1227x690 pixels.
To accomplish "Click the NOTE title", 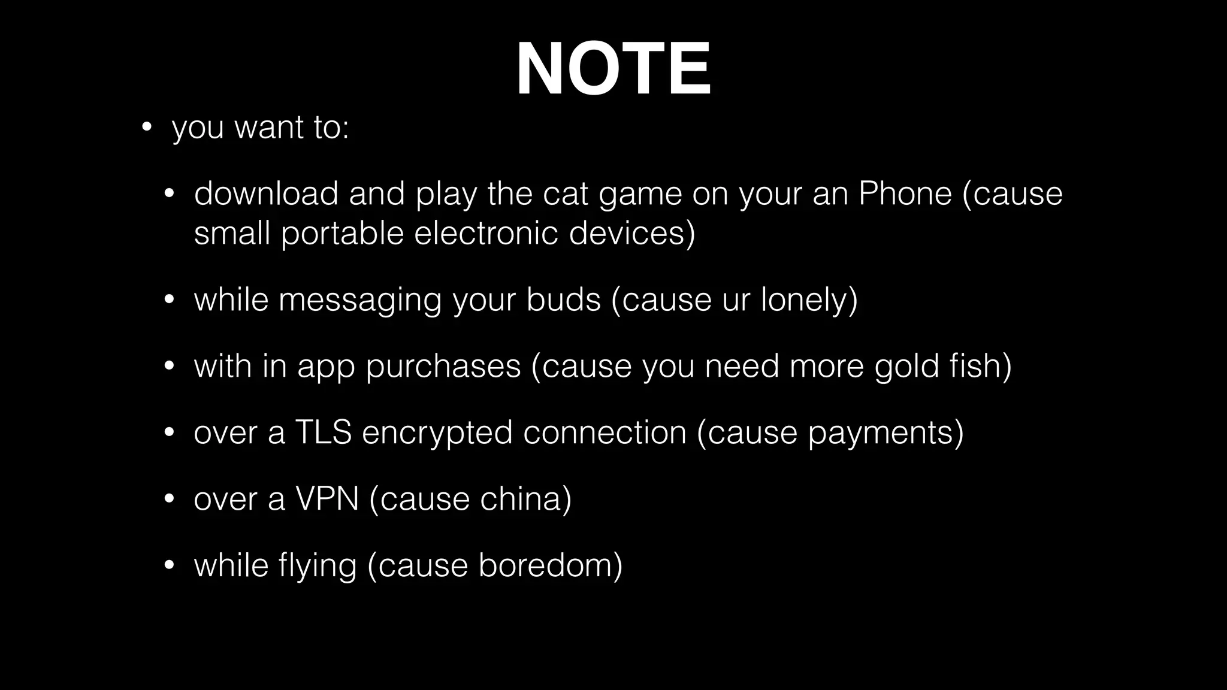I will coord(613,69).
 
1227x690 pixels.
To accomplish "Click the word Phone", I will coord(905,193).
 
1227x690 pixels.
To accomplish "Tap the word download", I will coord(266,193).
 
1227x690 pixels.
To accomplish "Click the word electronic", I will coord(486,233).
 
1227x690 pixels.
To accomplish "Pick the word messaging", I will coord(360,299).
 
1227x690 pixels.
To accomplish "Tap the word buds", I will coord(563,299).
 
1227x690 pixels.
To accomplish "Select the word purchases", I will coord(443,366).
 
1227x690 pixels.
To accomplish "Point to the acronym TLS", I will coord(323,432).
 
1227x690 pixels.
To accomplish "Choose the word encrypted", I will coord(437,432).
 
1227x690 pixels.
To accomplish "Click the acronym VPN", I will coord(327,499).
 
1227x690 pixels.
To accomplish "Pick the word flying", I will coord(318,565).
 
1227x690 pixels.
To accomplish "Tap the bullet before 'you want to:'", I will coord(146,128).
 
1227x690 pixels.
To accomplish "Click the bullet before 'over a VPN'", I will coord(169,499).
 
